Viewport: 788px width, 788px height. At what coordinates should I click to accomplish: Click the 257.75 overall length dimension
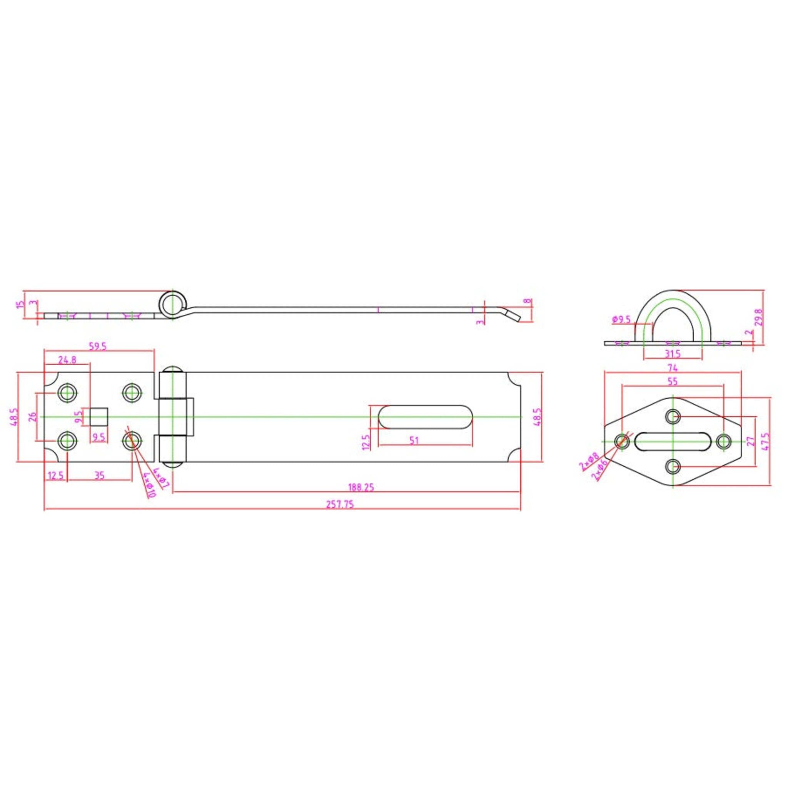click(340, 504)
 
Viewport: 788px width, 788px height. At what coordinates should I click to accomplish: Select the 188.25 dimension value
click(361, 487)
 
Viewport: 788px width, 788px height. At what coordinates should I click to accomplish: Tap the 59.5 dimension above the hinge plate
click(97, 346)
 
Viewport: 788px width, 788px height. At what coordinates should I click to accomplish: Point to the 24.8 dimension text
click(67, 360)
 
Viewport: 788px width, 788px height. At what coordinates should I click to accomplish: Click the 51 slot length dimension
click(414, 441)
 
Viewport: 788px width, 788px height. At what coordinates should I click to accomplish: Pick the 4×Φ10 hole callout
click(150, 485)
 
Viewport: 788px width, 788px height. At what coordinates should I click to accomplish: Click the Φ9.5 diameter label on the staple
click(621, 319)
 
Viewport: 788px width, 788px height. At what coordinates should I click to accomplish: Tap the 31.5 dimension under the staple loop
click(672, 353)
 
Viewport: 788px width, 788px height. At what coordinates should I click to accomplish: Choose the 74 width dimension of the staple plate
click(673, 368)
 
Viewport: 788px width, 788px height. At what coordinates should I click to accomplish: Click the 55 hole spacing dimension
click(673, 381)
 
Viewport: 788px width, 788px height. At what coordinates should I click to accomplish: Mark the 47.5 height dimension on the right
click(766, 441)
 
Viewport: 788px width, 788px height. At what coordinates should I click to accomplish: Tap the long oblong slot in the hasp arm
click(425, 417)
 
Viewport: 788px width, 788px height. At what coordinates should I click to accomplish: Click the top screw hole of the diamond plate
click(673, 417)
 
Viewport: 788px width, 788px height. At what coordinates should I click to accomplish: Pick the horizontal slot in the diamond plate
click(673, 442)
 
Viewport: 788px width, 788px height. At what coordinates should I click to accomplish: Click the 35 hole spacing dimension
click(100, 475)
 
